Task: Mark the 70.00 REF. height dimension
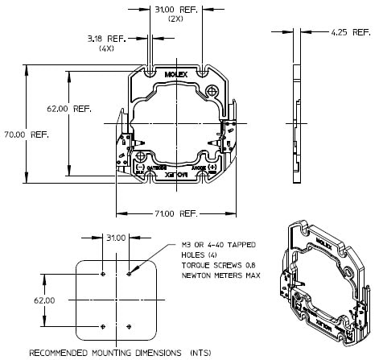click(27, 134)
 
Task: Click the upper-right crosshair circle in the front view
click(212, 91)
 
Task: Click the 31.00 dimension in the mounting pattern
click(117, 238)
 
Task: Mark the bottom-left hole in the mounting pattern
click(104, 325)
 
